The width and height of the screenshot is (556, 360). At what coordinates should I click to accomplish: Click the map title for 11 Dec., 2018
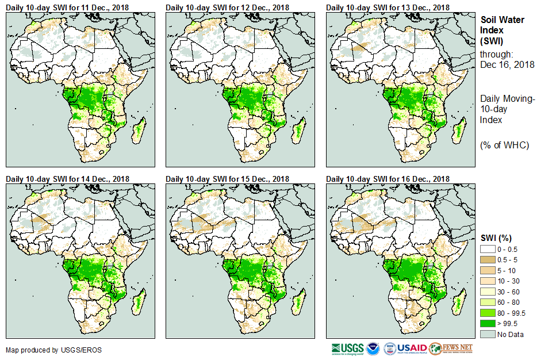tap(67, 7)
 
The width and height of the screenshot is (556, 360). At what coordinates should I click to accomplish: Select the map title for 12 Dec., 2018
tap(228, 7)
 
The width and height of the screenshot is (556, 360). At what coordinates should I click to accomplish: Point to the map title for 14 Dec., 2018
tap(67, 179)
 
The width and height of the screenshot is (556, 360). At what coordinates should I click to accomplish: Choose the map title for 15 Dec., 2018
tap(228, 179)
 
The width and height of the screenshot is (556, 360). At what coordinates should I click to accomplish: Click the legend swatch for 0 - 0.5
tap(489, 249)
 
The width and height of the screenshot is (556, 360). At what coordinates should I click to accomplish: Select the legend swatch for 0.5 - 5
tap(489, 260)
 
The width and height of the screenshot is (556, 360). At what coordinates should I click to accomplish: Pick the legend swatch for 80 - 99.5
tap(489, 313)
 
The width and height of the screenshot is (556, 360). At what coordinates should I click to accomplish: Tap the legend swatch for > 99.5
tap(489, 324)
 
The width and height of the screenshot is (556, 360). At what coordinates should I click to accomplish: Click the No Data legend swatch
tap(489, 334)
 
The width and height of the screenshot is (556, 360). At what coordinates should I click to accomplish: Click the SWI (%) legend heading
tap(496, 238)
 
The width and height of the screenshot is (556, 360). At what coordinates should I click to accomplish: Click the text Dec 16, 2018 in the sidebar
tap(507, 65)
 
